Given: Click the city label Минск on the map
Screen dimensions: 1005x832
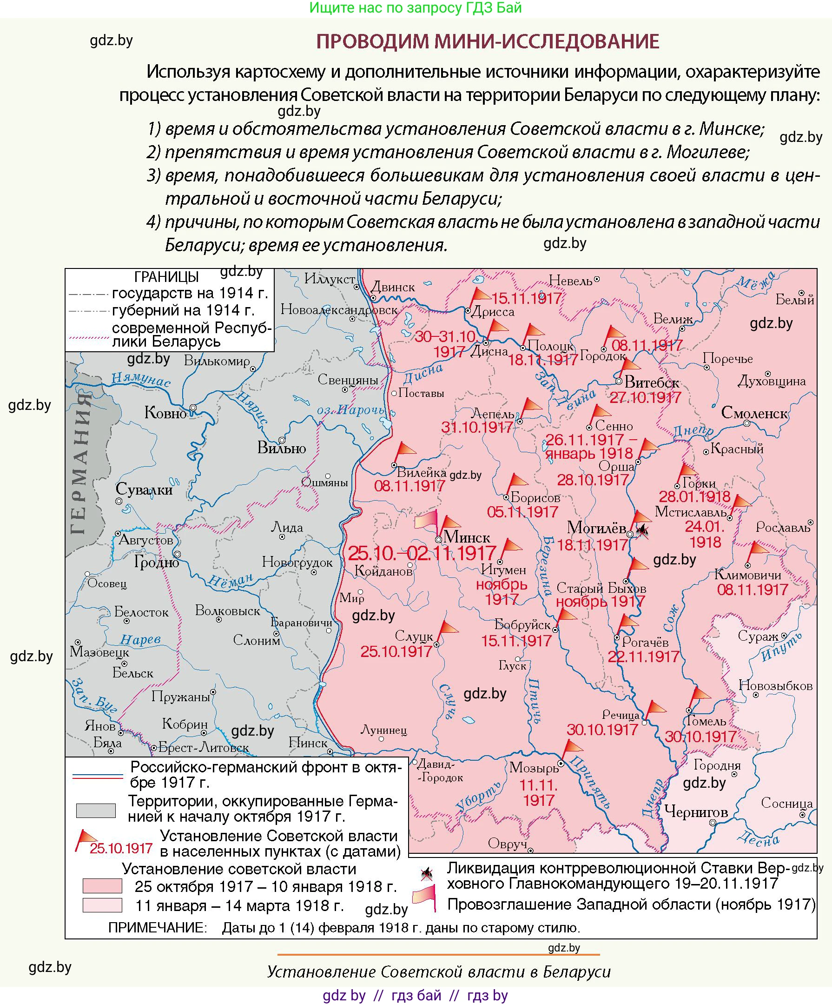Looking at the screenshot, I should point(466,537).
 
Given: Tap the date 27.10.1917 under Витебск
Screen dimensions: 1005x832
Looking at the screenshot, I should point(645,398).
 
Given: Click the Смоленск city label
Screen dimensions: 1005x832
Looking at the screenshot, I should point(753,413).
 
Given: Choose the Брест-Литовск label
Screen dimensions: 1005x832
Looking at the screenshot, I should point(203,748).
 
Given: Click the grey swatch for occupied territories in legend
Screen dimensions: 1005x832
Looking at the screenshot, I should point(96,810).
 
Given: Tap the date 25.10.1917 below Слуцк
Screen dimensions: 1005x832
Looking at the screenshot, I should point(396,651).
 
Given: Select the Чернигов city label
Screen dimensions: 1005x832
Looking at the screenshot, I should point(696,811).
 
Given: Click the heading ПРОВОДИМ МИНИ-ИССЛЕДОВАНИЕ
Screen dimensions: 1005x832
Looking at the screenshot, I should point(488,41).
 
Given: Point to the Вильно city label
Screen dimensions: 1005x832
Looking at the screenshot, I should point(281,448).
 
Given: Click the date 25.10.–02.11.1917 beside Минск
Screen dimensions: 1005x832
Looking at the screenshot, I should point(422,554).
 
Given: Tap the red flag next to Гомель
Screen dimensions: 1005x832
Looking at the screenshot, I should point(701,694).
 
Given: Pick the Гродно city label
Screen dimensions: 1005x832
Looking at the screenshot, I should point(156,563).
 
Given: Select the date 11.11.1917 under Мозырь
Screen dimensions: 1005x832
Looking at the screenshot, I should point(538,793).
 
